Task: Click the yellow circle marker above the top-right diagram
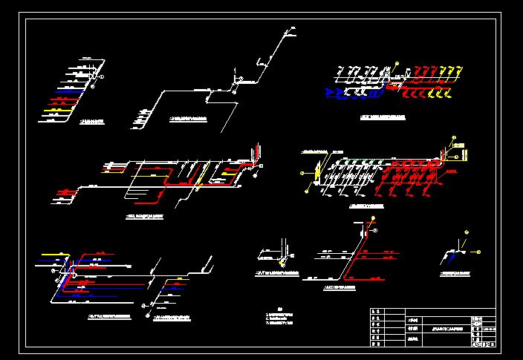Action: click(397, 63)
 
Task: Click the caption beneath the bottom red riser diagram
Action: click(340, 287)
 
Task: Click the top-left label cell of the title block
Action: click(377, 312)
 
